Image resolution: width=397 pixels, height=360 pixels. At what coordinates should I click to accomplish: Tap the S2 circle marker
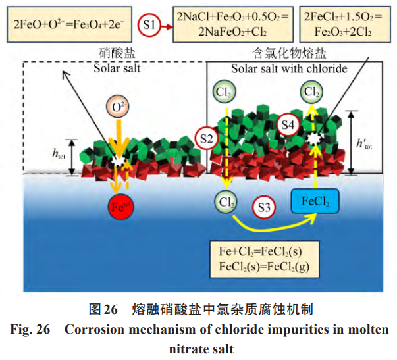[207, 138]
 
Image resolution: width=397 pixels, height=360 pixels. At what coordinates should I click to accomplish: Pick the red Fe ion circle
[120, 207]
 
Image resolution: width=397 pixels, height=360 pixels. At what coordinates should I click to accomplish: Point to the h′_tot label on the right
[363, 143]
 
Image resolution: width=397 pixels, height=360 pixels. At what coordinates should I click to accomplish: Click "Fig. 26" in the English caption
[31, 330]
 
